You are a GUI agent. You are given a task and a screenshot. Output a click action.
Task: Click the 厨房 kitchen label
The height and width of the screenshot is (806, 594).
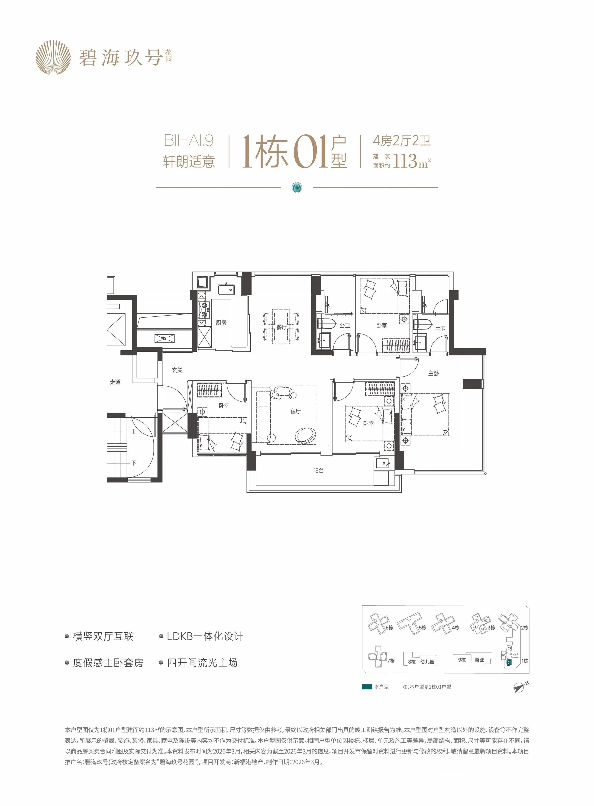click(x=221, y=323)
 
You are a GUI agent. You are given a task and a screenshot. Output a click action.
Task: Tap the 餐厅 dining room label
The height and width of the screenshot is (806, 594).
click(x=281, y=327)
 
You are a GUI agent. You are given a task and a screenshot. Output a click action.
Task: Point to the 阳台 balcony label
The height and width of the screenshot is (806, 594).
click(x=319, y=471)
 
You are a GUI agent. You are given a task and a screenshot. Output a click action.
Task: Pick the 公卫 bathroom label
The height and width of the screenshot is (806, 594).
click(x=345, y=325)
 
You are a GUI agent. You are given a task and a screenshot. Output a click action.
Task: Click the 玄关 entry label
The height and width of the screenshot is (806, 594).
click(x=177, y=370)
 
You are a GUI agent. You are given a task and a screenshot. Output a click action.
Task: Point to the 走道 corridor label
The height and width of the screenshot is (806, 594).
click(x=115, y=382)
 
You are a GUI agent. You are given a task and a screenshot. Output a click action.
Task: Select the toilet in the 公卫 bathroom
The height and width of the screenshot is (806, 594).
click(x=326, y=324)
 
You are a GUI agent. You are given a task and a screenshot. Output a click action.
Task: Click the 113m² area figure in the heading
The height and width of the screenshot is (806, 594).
click(x=412, y=161)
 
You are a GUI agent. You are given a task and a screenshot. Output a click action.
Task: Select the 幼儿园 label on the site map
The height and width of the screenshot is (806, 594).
click(x=427, y=661)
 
